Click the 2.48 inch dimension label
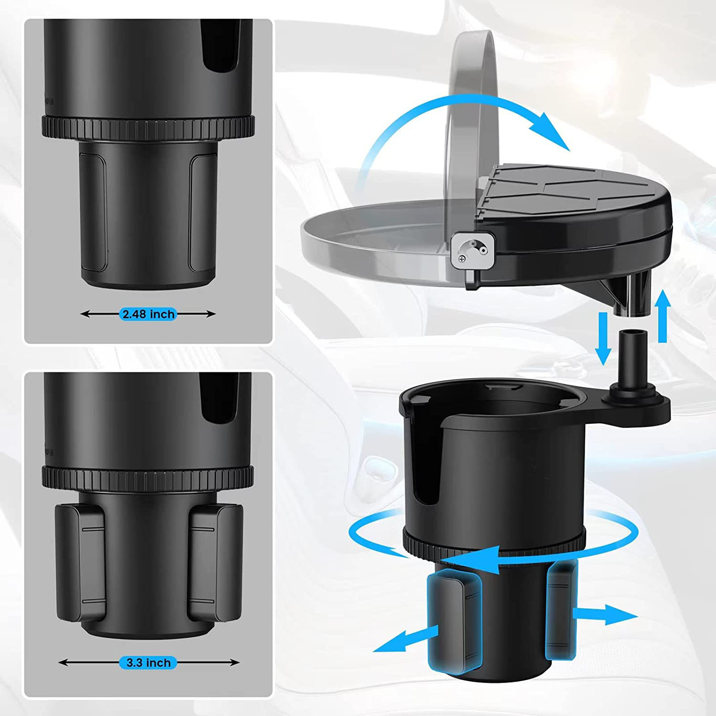[148, 314]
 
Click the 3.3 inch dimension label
[148, 663]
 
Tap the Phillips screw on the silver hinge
[462, 259]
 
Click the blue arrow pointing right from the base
[606, 614]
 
